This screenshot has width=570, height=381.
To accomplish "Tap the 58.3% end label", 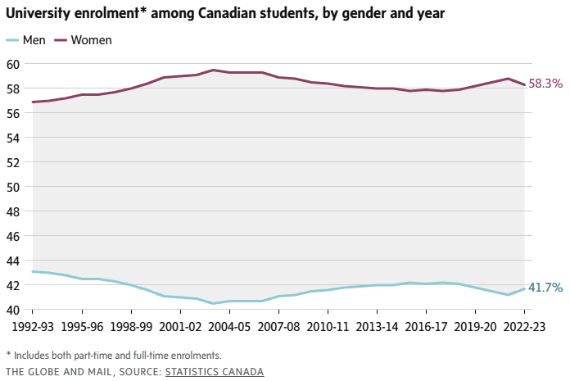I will (x=546, y=84).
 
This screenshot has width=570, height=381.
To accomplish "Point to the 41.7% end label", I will (x=545, y=288).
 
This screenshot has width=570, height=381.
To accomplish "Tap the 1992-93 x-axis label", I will (x=34, y=325).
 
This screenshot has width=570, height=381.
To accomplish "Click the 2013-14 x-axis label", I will (x=377, y=325).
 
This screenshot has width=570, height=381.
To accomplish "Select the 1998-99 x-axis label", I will (x=131, y=325).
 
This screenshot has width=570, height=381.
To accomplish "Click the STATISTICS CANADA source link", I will (x=215, y=372).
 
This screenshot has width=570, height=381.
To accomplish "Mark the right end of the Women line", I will (x=524, y=84).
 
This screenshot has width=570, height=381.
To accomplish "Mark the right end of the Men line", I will (x=524, y=288).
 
